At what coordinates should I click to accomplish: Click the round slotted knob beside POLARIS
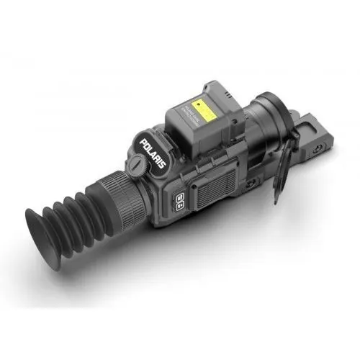[x=137, y=165]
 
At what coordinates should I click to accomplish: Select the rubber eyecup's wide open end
[x=45, y=229]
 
